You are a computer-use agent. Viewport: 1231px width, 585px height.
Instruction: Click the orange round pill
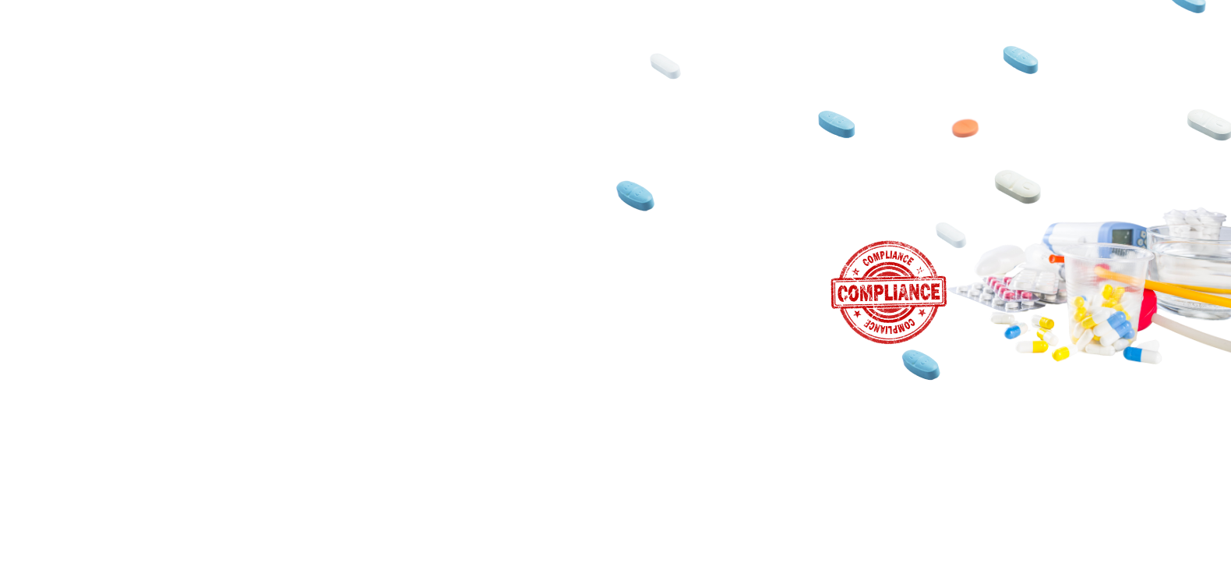coord(965,128)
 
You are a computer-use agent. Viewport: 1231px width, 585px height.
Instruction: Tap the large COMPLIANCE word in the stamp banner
coord(889,292)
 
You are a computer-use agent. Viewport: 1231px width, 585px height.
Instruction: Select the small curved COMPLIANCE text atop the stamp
coord(888,257)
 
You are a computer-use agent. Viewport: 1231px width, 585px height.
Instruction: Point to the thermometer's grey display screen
coord(1122,236)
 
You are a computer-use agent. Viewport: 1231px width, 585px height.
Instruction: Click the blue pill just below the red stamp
coord(921,365)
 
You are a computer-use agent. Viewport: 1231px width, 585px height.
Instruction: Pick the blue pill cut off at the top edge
coord(1190,5)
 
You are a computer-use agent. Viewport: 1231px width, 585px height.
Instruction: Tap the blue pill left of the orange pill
coord(837,124)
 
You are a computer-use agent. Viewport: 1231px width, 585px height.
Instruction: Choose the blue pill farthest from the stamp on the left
coord(635,196)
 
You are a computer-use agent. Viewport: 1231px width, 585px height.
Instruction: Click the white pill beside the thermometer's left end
coord(951,235)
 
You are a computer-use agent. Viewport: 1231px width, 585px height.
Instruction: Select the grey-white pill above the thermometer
coord(1018,186)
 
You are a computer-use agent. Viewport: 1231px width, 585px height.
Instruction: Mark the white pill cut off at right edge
coord(1209,124)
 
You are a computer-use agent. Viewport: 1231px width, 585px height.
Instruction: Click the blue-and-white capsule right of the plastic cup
coord(1142,354)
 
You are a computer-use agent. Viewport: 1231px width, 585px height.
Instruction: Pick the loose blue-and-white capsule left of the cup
coord(1014,331)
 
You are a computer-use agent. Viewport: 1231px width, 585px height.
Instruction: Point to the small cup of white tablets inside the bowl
coord(1194,223)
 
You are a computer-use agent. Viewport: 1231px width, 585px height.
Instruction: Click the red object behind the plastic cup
coord(1148,310)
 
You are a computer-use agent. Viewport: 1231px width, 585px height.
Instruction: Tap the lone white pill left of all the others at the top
coord(665,66)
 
